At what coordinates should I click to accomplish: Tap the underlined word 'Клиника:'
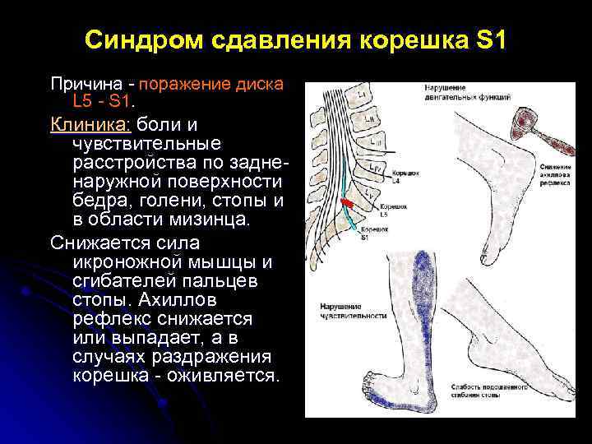point(90,125)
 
